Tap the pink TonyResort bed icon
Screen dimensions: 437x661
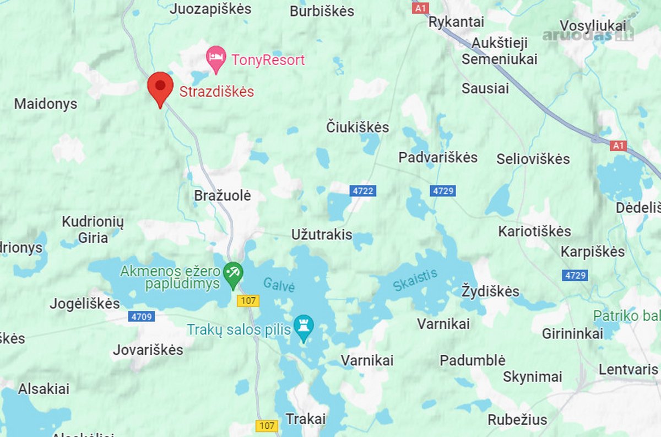[216, 58]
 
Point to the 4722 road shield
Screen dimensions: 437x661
[362, 191]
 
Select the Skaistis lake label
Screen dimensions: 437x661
[415, 280]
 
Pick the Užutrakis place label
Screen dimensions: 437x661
[322, 235]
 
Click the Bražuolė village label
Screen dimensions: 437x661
[223, 195]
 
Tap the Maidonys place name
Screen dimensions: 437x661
[46, 104]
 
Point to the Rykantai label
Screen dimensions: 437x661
[456, 22]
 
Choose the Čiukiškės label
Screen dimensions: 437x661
[357, 127]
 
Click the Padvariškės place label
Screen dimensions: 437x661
[438, 157]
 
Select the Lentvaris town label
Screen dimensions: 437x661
[629, 369]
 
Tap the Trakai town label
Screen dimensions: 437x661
[306, 419]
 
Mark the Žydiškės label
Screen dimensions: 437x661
[490, 290]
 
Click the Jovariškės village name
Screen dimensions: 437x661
[148, 350]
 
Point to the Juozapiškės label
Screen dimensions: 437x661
[210, 9]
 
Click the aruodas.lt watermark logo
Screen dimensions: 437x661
[588, 35]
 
